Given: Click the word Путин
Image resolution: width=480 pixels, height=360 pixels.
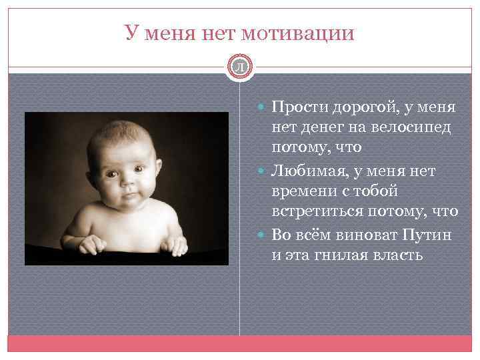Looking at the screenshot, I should [x=427, y=235].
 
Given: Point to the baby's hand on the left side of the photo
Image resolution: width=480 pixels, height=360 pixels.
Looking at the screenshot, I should [x=91, y=245].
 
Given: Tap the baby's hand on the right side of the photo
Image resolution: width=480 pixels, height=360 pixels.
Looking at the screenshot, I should [x=176, y=245].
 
